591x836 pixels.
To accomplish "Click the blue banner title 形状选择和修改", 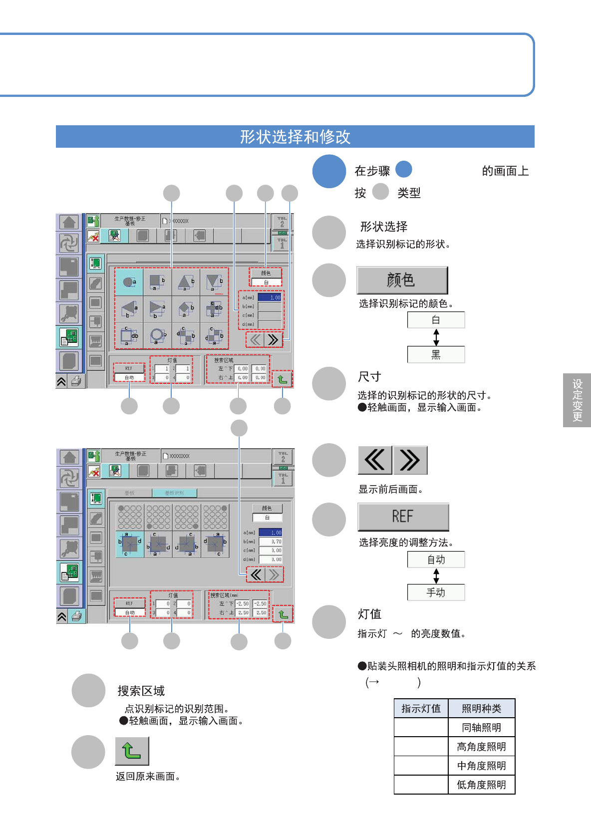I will pyautogui.click(x=295, y=137).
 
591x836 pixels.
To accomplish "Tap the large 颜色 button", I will pyautogui.click(x=402, y=280).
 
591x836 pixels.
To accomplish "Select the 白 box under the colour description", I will pyautogui.click(x=436, y=320).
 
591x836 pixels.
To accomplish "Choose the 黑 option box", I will pyautogui.click(x=436, y=354).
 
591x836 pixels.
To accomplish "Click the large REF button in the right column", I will pyautogui.click(x=403, y=517).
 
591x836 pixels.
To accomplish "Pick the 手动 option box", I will pyautogui.click(x=436, y=592).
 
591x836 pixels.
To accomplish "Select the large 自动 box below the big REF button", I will pyautogui.click(x=436, y=559).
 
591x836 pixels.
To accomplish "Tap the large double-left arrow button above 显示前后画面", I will pyautogui.click(x=374, y=460).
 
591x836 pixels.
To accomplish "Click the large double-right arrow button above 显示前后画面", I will pyautogui.click(x=410, y=460).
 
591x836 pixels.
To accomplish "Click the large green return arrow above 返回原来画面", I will pyautogui.click(x=132, y=751).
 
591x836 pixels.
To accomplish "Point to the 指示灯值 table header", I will pyautogui.click(x=421, y=708).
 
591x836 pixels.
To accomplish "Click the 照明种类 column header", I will pyautogui.click(x=481, y=708).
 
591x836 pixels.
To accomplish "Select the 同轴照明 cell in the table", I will pyautogui.click(x=481, y=727).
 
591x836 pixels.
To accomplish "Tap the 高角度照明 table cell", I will pyautogui.click(x=481, y=746).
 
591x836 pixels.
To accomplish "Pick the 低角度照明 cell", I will pyautogui.click(x=481, y=785).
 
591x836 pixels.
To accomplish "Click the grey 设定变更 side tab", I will pyautogui.click(x=577, y=400).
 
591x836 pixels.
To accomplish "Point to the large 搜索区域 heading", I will pyautogui.click(x=141, y=691).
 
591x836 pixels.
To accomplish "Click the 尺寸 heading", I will pyautogui.click(x=369, y=376).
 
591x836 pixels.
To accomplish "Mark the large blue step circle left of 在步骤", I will pyautogui.click(x=329, y=171).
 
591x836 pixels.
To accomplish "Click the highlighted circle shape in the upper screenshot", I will pyautogui.click(x=129, y=282).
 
